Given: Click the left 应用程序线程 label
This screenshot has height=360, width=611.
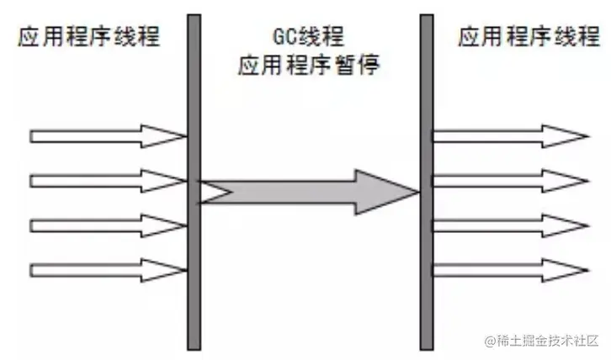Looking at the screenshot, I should (x=87, y=37).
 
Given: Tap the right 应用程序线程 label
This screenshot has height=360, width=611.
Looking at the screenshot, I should (x=529, y=37).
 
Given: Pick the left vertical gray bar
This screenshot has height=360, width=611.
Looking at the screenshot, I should (x=194, y=181).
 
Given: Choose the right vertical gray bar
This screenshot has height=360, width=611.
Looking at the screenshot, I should (x=426, y=181).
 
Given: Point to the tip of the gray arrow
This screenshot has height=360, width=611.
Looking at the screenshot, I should (x=416, y=193).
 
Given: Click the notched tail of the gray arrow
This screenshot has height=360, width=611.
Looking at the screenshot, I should (x=212, y=193).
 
